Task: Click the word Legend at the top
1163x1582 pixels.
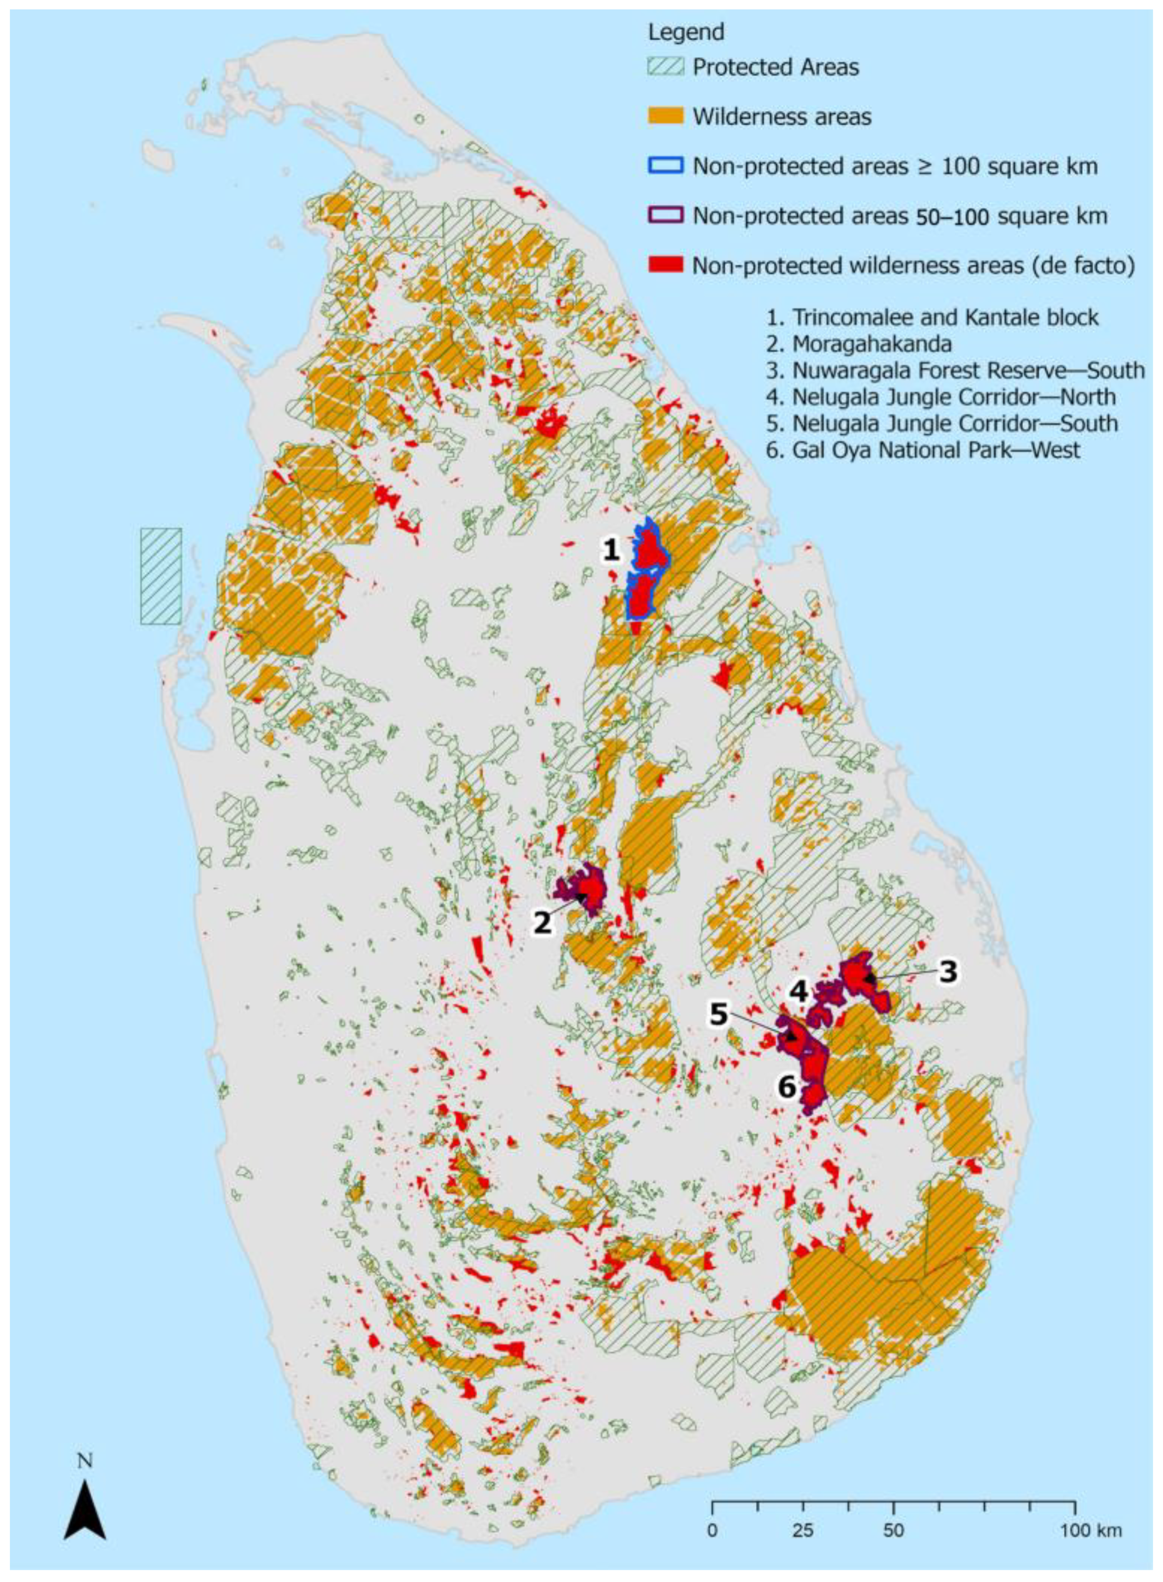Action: coord(686,33)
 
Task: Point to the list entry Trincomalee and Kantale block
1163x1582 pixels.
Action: coord(933,317)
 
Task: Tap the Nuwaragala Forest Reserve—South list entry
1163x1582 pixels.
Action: coord(955,370)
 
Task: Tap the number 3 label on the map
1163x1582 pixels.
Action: coord(948,972)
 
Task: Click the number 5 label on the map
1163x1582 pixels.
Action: coord(718,1015)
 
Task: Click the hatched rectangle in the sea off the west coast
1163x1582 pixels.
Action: coord(161,576)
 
